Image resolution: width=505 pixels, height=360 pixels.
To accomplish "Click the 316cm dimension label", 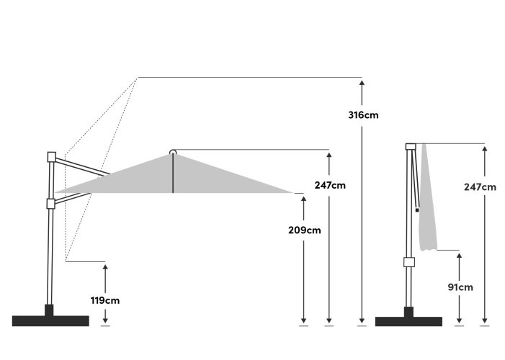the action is point(363,115).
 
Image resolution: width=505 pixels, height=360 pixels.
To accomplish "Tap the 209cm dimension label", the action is point(304,230).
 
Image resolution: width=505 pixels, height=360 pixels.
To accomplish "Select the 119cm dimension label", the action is point(105,300).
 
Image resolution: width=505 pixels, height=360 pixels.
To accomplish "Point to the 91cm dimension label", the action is point(460,287).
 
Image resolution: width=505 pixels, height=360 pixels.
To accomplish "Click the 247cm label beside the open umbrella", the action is point(330,185).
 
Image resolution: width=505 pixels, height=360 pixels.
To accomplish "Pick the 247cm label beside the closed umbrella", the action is point(480,187).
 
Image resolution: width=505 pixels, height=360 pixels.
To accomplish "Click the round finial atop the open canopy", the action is point(173,152).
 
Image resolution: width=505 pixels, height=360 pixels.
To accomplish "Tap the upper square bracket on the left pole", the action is point(52,157).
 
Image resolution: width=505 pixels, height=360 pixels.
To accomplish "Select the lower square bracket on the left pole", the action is point(51,204).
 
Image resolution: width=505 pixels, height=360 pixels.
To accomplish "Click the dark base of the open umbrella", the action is point(50,318).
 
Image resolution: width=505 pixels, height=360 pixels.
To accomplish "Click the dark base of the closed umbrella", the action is point(408,318).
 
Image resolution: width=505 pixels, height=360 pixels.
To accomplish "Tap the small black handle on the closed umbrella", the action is point(417,210).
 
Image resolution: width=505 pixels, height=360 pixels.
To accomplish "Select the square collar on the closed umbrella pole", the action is point(409,262).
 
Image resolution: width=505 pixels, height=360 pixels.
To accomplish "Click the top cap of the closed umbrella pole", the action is point(411,147).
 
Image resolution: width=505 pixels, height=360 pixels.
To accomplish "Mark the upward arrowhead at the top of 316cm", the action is point(362,83).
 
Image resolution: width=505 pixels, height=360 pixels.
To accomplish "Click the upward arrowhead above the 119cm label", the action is point(105,267).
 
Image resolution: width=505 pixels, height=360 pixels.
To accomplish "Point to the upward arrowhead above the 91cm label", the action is point(460,256).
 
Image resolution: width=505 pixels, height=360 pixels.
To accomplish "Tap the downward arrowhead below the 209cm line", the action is point(303,320).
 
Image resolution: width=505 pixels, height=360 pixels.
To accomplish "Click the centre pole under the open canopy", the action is point(173,174).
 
